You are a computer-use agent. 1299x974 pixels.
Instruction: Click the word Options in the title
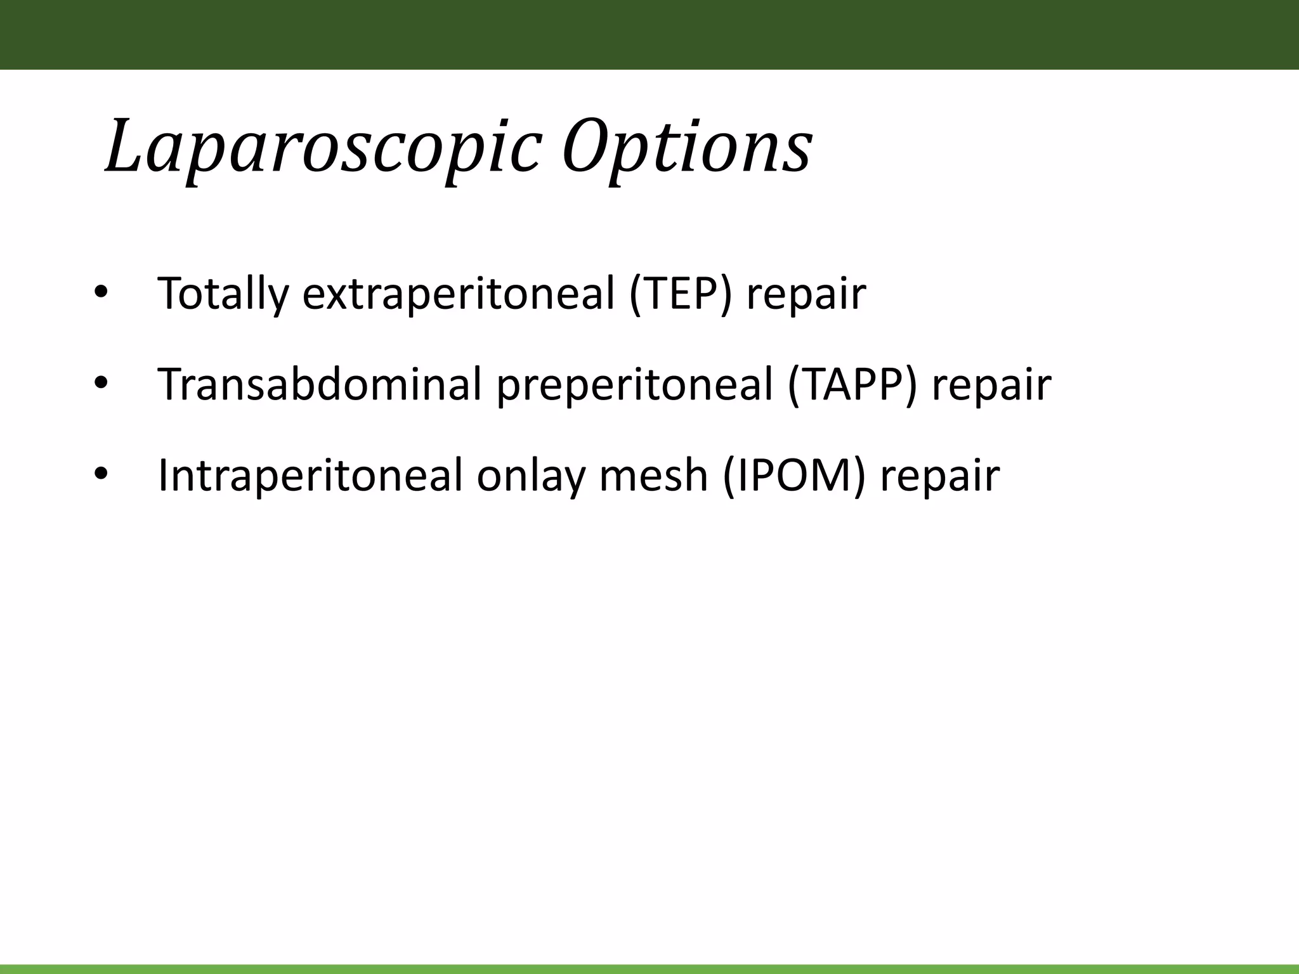coord(686,147)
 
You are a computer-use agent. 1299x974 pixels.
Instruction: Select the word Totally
coord(223,294)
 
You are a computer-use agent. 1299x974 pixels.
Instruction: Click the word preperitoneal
coord(634,386)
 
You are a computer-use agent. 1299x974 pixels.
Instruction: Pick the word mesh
coord(653,476)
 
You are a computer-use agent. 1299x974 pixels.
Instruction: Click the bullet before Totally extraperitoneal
coord(101,293)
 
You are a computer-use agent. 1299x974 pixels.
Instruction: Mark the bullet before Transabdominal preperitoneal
coord(101,384)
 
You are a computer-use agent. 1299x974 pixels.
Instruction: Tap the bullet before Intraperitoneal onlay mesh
coord(101,474)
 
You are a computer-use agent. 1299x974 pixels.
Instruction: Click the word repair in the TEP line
coord(806,295)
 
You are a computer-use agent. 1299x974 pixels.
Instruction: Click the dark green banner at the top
coord(649,34)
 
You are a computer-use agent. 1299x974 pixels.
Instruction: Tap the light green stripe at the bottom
coord(649,969)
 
